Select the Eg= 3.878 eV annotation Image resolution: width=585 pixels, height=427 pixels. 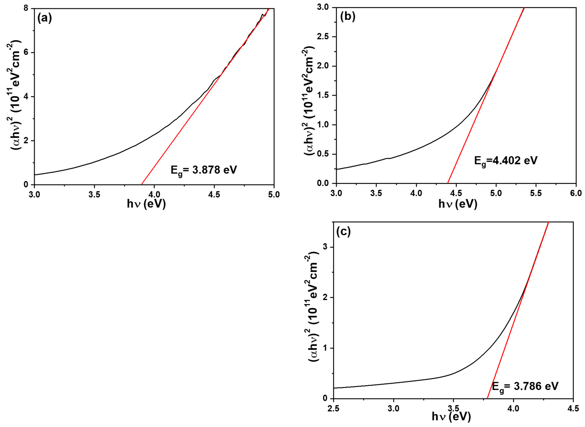[x=204, y=171]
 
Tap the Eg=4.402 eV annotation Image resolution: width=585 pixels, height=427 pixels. [x=506, y=161]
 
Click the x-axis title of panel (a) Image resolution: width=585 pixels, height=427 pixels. [x=146, y=204]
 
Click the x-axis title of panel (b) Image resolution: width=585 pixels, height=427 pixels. [x=458, y=204]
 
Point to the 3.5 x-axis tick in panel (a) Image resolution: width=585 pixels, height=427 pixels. [x=94, y=195]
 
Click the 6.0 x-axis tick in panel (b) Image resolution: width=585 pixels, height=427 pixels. [x=576, y=194]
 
